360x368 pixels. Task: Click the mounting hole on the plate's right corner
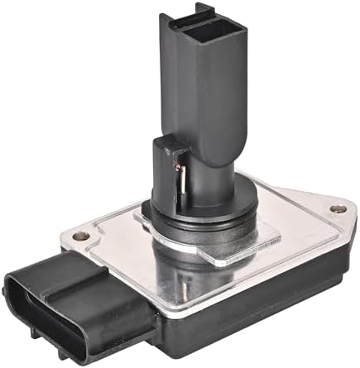click(x=335, y=209)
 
